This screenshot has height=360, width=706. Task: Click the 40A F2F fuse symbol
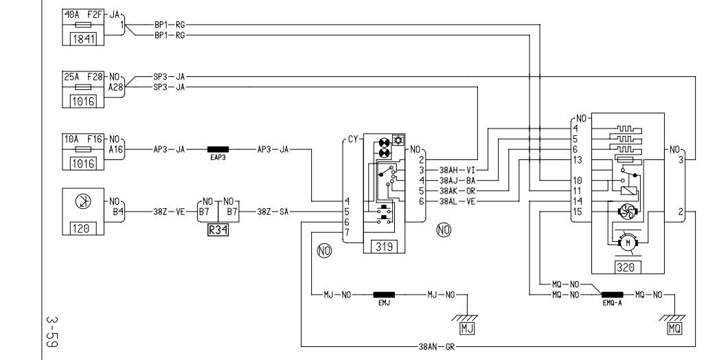tap(83, 25)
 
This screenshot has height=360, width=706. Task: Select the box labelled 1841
tap(84, 38)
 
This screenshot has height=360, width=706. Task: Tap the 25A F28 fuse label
tap(83, 76)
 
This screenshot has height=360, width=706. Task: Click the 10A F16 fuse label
tap(83, 139)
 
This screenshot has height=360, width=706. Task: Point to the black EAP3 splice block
tap(218, 149)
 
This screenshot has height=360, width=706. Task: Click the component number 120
tap(81, 229)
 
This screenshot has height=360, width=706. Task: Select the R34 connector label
tap(218, 230)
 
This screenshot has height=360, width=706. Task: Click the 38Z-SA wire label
tap(273, 212)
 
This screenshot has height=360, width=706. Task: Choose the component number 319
tap(384, 247)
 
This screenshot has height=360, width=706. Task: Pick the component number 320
tap(626, 267)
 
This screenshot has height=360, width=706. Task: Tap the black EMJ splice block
tap(384, 295)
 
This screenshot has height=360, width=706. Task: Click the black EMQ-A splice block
tap(613, 295)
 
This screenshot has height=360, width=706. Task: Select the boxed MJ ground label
tap(467, 328)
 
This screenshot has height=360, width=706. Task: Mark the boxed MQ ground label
tap(674, 328)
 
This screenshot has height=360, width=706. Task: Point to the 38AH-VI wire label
tap(457, 170)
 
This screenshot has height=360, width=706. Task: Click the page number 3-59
tap(52, 332)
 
